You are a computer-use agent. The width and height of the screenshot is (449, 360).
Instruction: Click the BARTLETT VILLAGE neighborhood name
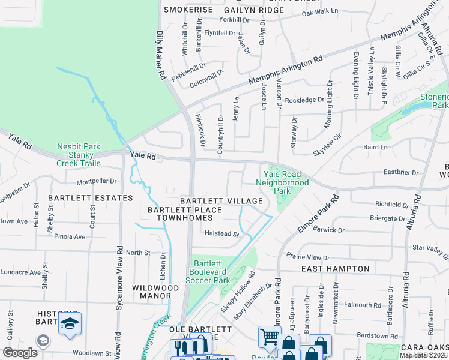coord(222,200)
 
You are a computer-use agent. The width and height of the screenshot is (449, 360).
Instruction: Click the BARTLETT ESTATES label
coord(91,198)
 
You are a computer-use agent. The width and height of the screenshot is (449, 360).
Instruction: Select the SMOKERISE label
coord(188,10)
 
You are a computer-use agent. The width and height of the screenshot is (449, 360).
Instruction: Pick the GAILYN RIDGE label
coord(253,10)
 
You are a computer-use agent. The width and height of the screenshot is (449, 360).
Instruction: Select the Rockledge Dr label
coord(304,100)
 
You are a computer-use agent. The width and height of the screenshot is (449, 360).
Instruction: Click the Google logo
coord(20,353)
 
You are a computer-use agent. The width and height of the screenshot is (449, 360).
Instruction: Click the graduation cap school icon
coord(70,324)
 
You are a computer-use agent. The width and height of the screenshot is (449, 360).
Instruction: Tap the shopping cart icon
coord(270,337)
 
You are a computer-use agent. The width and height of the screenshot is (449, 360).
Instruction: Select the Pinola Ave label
coord(71,236)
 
